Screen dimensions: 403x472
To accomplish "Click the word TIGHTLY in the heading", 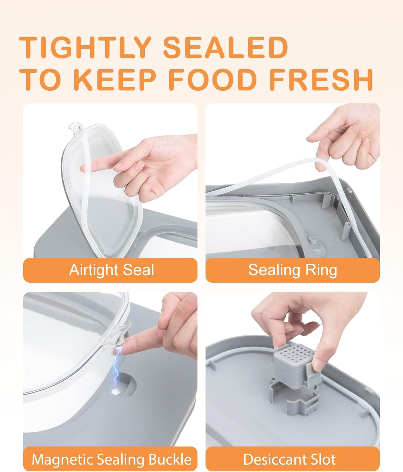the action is [85, 47].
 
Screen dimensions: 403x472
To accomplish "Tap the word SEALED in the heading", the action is [225, 47].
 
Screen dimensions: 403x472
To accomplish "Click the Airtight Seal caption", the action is [111, 270].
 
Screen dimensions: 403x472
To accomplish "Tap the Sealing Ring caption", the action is [293, 270].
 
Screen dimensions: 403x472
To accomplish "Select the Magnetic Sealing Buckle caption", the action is [111, 459].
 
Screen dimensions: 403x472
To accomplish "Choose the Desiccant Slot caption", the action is [289, 459].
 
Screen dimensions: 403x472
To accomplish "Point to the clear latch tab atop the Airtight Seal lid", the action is [76, 128].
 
